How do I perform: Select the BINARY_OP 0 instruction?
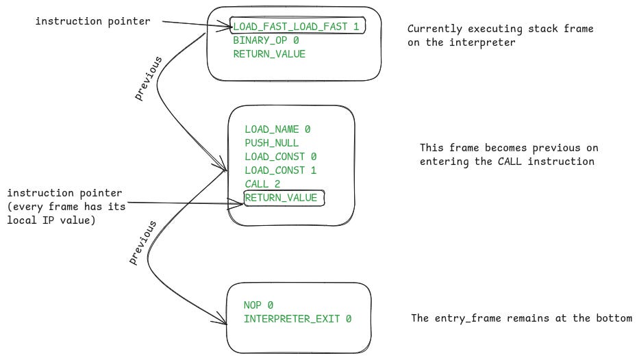pos(266,40)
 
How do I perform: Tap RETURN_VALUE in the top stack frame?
pos(268,54)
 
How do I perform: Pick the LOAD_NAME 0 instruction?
pos(278,129)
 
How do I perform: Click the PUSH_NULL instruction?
pos(271,143)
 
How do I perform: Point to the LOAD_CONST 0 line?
pos(280,157)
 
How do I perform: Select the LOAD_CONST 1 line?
pos(280,170)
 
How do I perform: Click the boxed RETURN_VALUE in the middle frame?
pos(281,198)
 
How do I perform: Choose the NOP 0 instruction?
pos(258,305)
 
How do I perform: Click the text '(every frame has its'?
pos(67,207)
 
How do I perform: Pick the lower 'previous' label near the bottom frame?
pos(143,242)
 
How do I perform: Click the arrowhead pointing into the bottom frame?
pos(223,320)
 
